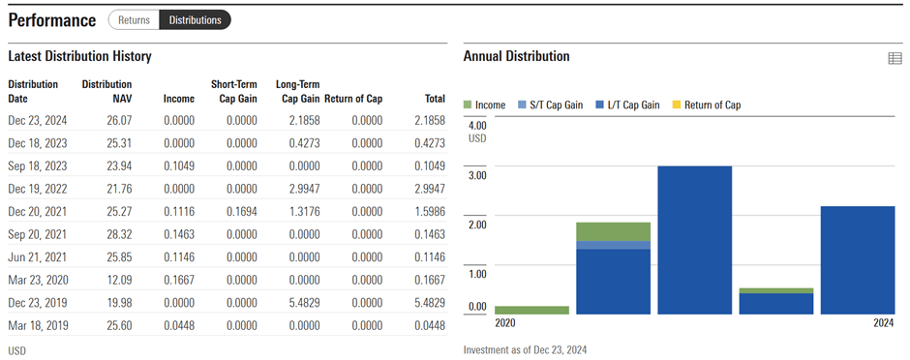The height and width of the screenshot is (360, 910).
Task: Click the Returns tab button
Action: click(134, 19)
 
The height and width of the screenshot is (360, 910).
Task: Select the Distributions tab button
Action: click(195, 19)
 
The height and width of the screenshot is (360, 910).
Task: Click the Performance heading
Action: click(52, 20)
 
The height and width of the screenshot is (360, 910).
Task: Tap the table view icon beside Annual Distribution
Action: click(895, 59)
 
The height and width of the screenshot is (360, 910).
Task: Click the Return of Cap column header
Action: click(353, 98)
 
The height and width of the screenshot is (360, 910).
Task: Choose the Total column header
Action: click(434, 98)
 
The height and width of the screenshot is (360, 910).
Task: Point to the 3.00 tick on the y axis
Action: click(477, 174)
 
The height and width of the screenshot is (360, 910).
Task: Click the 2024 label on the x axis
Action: click(883, 323)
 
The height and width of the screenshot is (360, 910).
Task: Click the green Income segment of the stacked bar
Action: click(613, 231)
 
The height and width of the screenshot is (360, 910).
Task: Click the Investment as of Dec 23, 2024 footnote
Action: click(525, 349)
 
